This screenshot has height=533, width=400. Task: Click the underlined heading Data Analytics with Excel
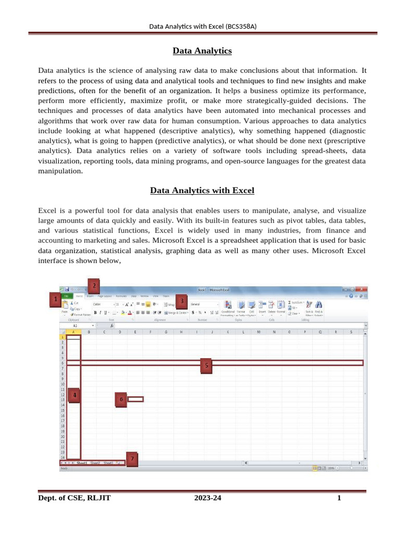point(202,191)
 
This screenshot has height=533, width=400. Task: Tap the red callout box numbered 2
point(94,285)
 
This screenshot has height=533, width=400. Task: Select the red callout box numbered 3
point(182,301)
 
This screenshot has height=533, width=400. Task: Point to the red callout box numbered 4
point(75,396)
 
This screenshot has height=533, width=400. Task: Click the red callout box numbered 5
point(207,366)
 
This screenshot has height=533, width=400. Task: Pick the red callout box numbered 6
point(121,400)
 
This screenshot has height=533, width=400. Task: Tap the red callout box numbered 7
point(132,459)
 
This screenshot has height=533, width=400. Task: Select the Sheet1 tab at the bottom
point(82,463)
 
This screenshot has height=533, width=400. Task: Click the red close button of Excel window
point(364,289)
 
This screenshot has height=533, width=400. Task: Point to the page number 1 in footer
point(339,498)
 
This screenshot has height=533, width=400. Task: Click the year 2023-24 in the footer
point(208,498)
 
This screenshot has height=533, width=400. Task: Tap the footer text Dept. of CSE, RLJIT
point(74,498)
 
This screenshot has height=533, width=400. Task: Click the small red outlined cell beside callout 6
point(135,400)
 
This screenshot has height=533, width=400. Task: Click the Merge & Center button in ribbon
point(176,313)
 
